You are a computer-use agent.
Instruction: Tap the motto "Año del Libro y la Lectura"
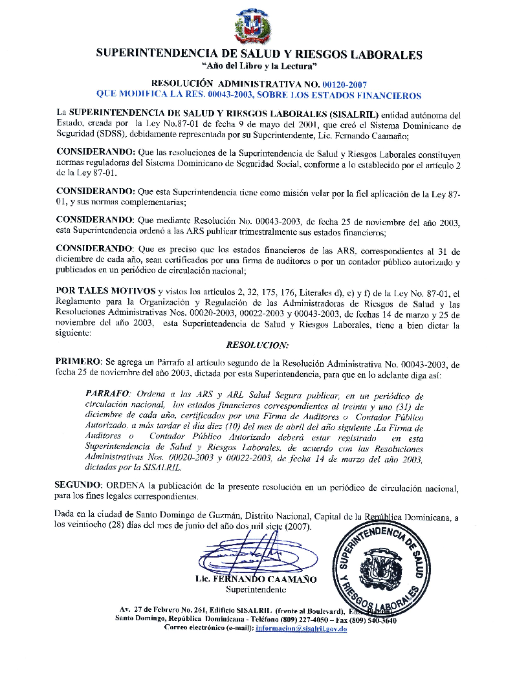259,67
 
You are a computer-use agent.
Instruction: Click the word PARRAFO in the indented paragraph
107,394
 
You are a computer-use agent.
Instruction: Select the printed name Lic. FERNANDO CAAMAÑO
256,580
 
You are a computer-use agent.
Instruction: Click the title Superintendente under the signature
256,590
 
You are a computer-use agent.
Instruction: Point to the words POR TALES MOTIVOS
106,292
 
